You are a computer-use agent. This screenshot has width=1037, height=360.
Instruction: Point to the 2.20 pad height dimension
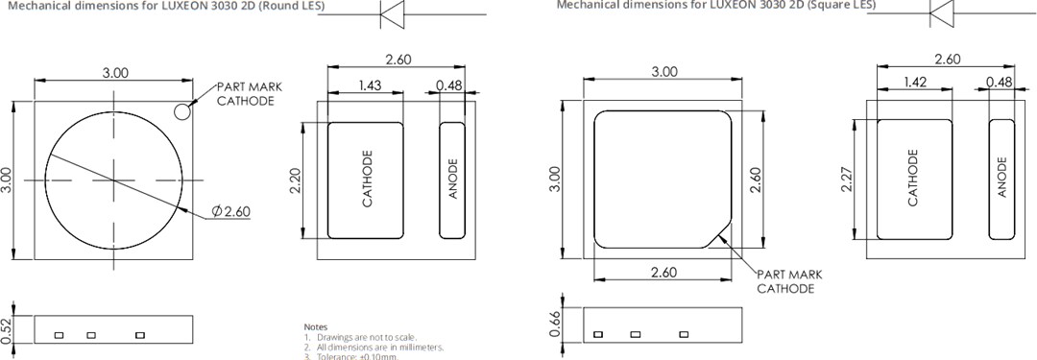tap(295, 180)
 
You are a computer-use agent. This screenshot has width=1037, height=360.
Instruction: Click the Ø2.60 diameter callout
tap(230, 211)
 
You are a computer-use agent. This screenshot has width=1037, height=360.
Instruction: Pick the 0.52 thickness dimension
tap(8, 328)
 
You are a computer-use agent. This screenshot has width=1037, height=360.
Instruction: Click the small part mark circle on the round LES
tap(181, 113)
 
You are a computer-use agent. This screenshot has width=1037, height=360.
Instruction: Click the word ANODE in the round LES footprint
tap(453, 180)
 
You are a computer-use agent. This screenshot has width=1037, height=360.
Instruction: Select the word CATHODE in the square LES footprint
tap(913, 179)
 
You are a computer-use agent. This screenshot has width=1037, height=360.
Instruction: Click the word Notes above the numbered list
tap(315, 327)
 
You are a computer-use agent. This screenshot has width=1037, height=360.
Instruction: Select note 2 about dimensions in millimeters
tap(374, 347)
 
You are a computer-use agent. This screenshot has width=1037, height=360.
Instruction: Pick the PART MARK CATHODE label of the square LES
tap(788, 281)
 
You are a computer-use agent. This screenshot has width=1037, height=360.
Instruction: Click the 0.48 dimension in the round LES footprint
tap(448, 86)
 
